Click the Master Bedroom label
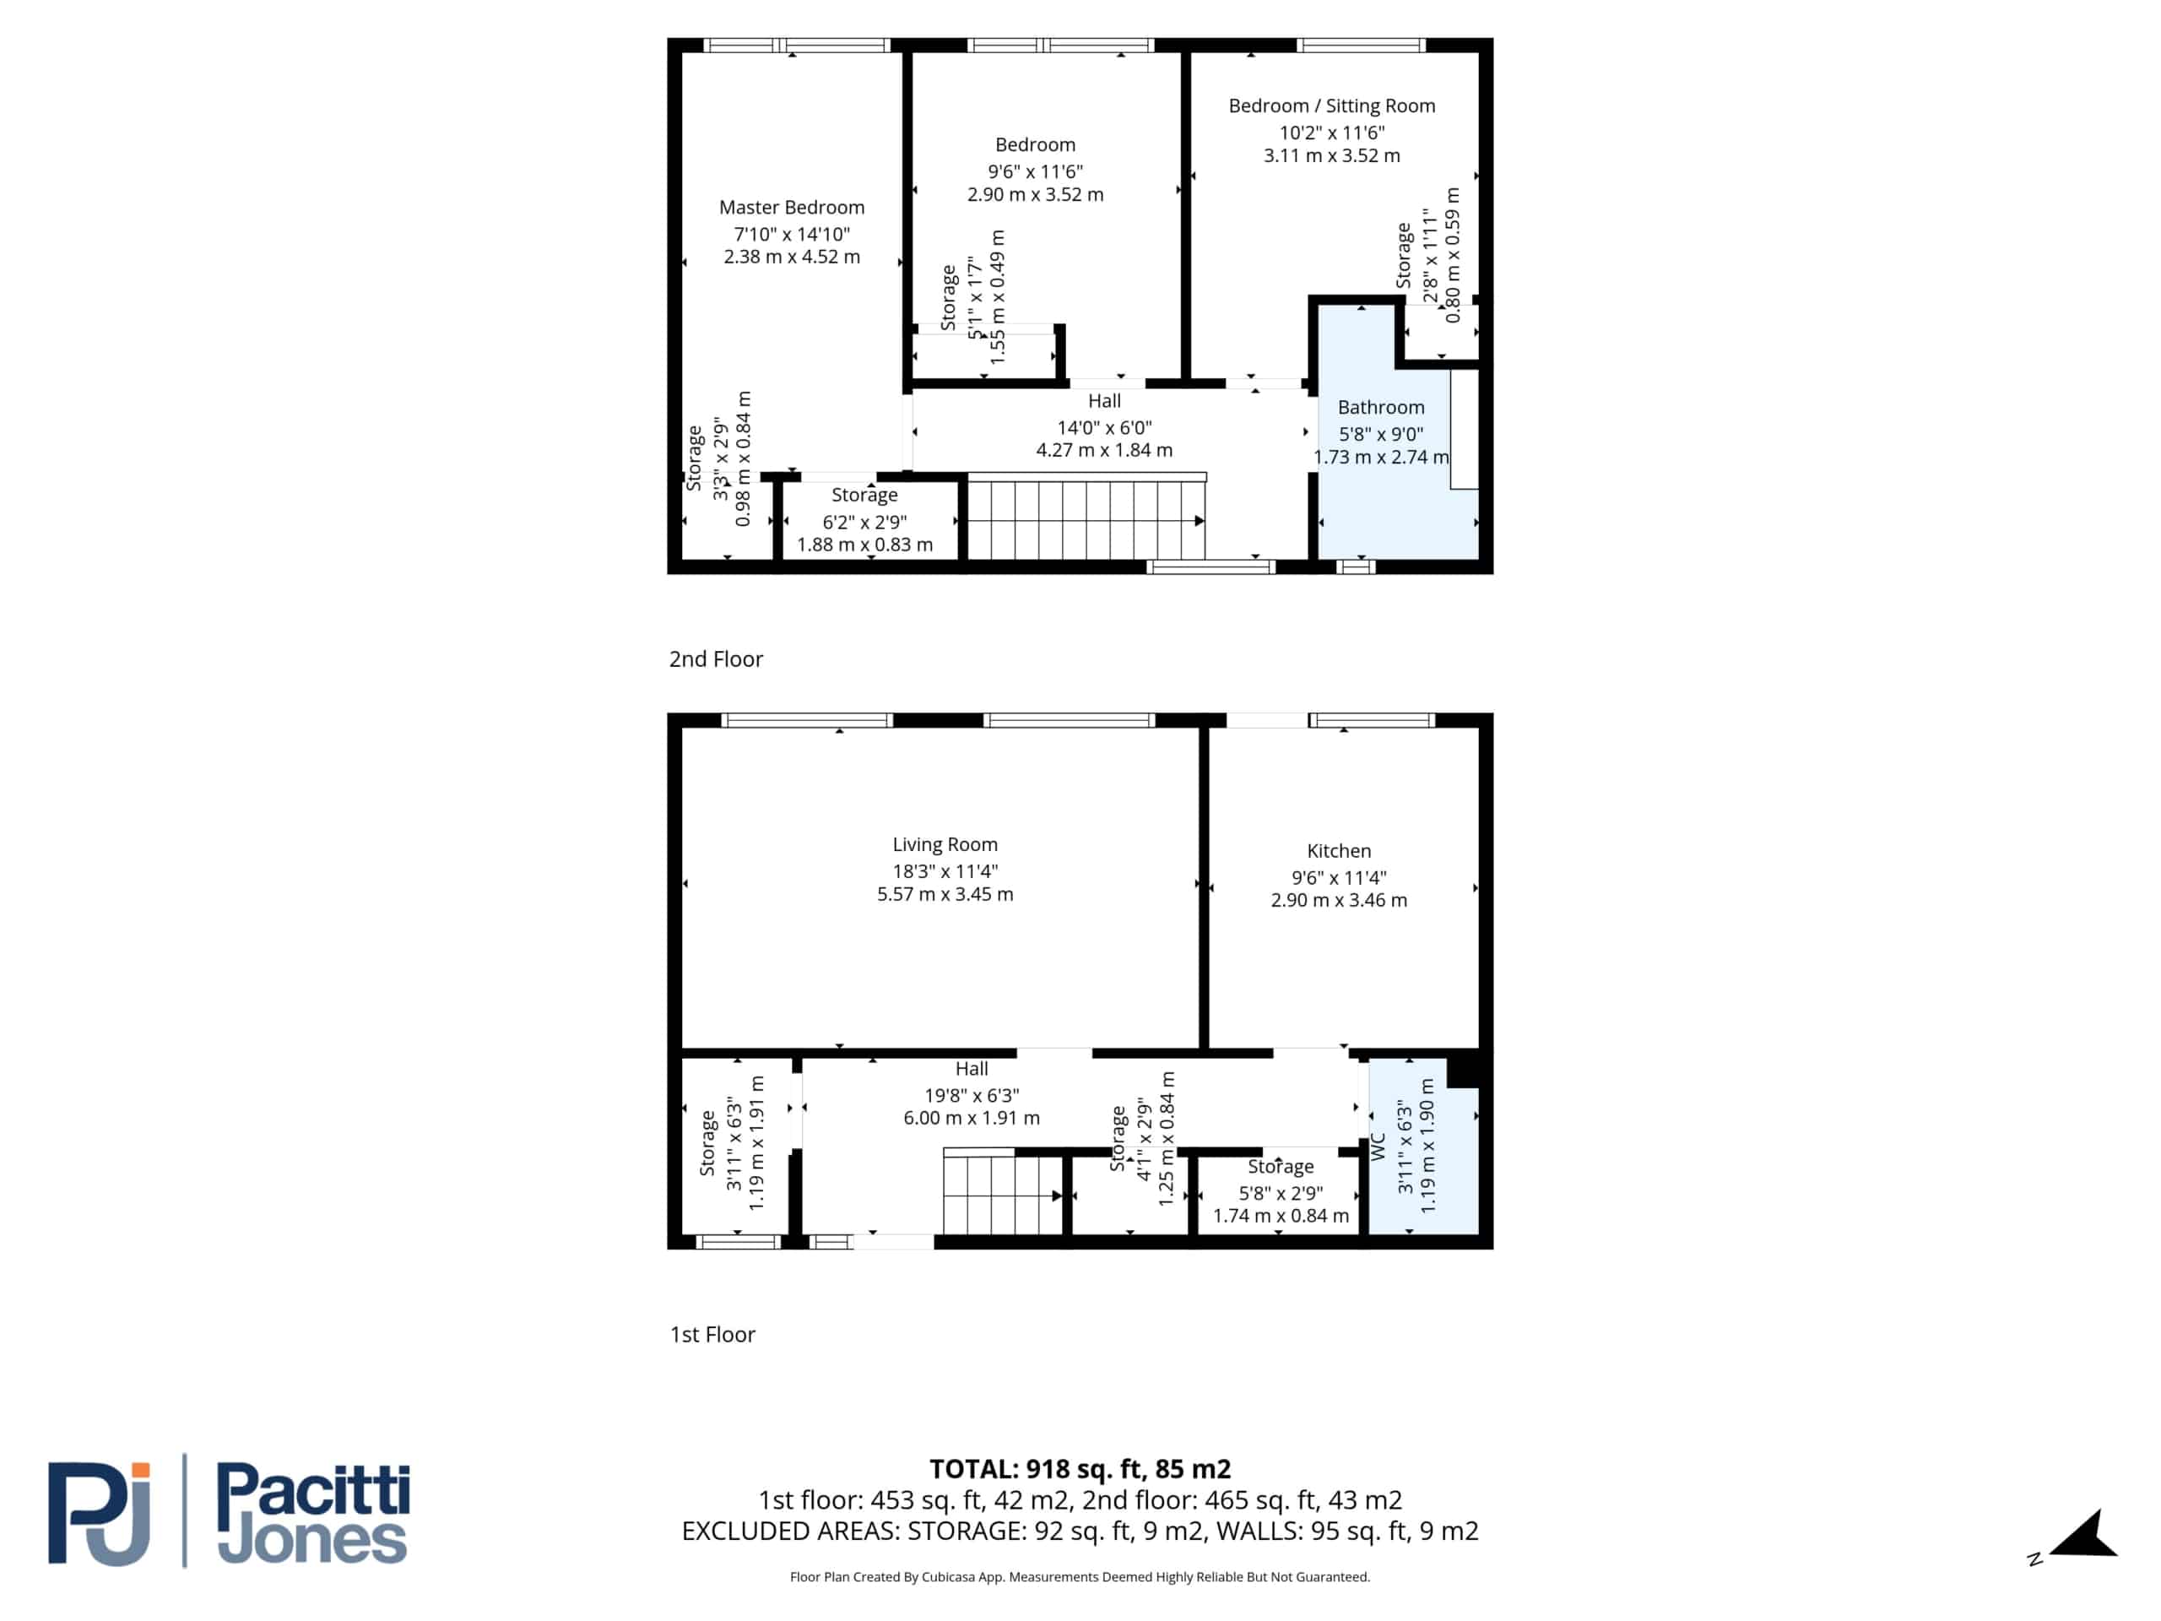click(791, 207)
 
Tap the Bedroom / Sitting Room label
click(1331, 106)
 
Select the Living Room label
click(945, 844)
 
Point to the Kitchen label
click(1339, 851)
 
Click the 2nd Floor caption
click(716, 659)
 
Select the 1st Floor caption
click(712, 1335)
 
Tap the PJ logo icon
click(100, 1513)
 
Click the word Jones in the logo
click(311, 1540)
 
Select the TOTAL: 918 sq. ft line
click(1080, 1468)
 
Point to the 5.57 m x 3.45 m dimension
click(945, 894)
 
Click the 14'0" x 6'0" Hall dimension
click(1104, 427)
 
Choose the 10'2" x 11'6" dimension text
click(1331, 132)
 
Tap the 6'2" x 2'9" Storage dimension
click(864, 522)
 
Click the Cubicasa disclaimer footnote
click(1080, 1577)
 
